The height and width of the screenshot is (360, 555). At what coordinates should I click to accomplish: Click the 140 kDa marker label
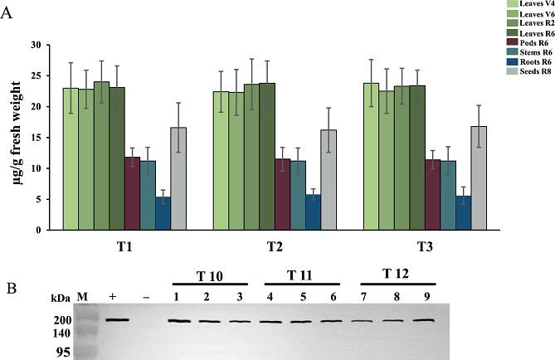(x=64, y=333)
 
